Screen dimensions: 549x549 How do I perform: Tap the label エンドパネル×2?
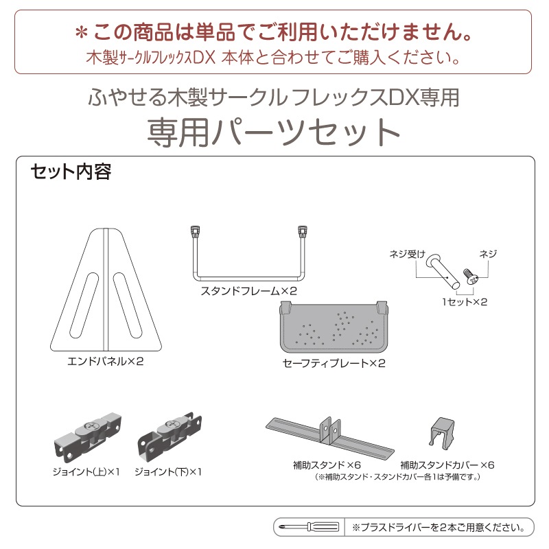coord(106,362)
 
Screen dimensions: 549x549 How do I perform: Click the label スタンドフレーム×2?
coord(248,291)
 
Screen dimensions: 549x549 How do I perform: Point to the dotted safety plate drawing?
coord(334,327)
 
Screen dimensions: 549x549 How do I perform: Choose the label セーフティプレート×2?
coord(334,364)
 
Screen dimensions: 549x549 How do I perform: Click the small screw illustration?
coord(471,277)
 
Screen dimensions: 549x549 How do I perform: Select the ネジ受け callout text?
coord(407,254)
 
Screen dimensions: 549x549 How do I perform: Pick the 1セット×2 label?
coord(465,302)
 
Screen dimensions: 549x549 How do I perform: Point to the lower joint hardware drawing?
coord(170,438)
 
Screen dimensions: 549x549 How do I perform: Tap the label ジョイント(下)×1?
coord(168,472)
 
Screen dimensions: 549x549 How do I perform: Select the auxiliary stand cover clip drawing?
coord(442,434)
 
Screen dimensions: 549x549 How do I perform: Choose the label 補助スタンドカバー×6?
coord(447,465)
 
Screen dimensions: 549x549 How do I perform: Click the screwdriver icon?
coord(309,527)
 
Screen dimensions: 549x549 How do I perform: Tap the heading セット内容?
coord(71,172)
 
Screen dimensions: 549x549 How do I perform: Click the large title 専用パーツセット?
coord(274,132)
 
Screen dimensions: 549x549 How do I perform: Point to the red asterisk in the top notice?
coord(82,33)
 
